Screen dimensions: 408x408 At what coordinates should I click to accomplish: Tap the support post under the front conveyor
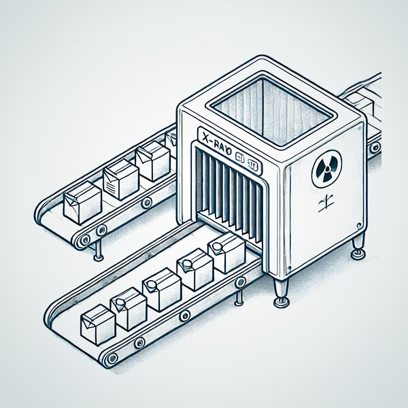(x=239, y=297)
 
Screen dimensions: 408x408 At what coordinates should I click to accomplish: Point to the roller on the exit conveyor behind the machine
(x=374, y=146)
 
